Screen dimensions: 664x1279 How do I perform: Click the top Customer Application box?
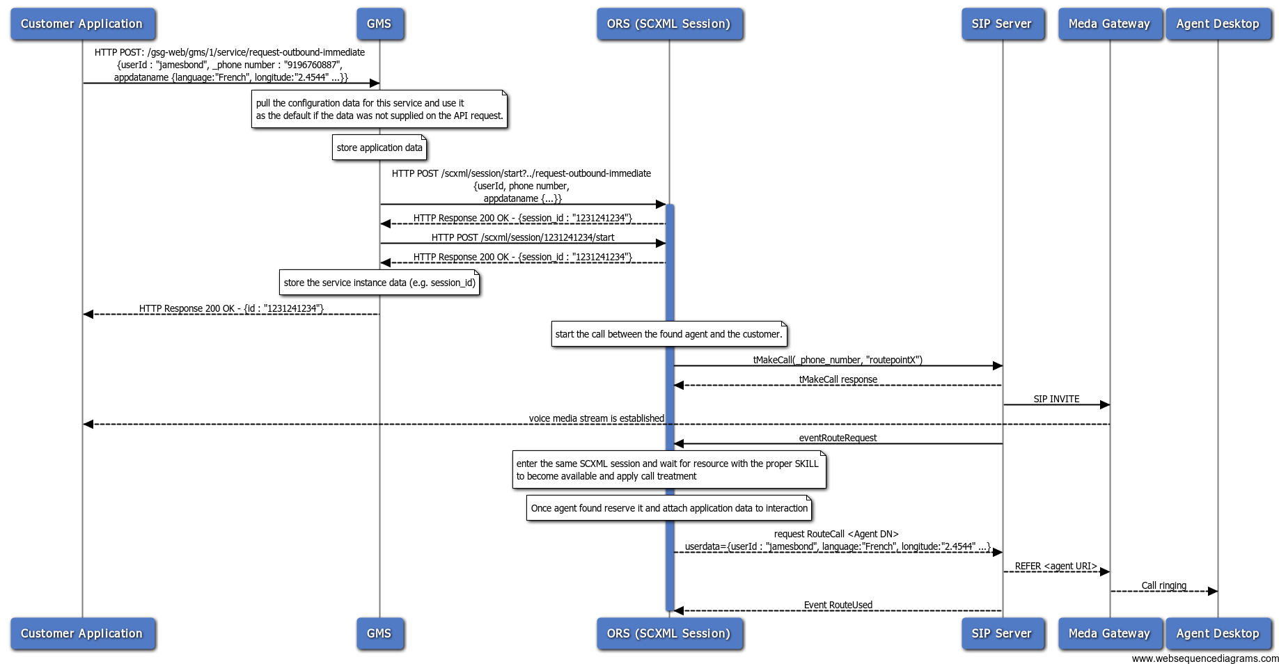pyautogui.click(x=82, y=24)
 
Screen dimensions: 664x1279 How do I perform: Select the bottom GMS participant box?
pyautogui.click(x=379, y=633)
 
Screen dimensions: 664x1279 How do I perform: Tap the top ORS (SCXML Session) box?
pyautogui.click(x=668, y=24)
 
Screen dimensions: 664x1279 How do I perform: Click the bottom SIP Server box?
pyautogui.click(x=1001, y=633)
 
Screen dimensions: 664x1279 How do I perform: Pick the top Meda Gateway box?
pyautogui.click(x=1109, y=24)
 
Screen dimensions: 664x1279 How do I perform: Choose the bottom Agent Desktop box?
pyautogui.click(x=1217, y=633)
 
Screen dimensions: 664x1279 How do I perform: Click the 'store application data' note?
pyautogui.click(x=379, y=148)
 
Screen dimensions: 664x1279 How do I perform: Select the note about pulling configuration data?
pyautogui.click(x=379, y=109)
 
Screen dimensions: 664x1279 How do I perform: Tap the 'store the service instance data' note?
pyautogui.click(x=379, y=283)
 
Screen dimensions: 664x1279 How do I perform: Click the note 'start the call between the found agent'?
pyautogui.click(x=668, y=334)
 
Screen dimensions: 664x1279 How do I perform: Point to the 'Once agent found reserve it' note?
pyautogui.click(x=668, y=508)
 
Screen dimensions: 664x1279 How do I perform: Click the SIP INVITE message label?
pyautogui.click(x=1056, y=399)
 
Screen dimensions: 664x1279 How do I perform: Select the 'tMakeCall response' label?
pyautogui.click(x=838, y=379)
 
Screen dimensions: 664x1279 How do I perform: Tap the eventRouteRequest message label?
pyautogui.click(x=838, y=438)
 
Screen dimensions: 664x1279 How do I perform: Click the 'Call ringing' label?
pyautogui.click(x=1163, y=585)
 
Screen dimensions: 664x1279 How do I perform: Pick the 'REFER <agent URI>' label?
pyautogui.click(x=1056, y=566)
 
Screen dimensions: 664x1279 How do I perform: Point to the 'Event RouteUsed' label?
pyautogui.click(x=838, y=605)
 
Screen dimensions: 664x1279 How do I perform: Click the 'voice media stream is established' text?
pyautogui.click(x=596, y=418)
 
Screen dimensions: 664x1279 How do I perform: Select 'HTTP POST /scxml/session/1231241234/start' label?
pyautogui.click(x=522, y=237)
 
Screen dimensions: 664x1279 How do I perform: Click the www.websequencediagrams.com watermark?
pyautogui.click(x=1205, y=658)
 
